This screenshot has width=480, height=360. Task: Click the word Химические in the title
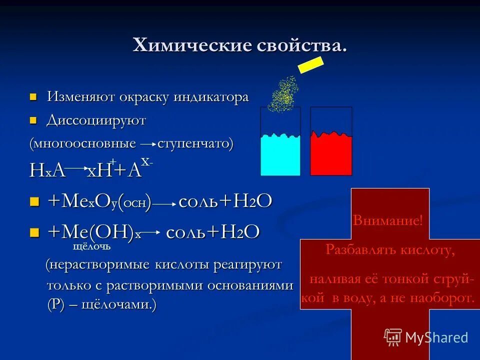[187, 46]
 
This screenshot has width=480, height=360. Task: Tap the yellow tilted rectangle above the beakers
[310, 64]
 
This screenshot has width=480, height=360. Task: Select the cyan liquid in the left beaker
[280, 155]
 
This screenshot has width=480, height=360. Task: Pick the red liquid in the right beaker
[330, 155]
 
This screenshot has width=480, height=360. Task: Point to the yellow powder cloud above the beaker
[283, 95]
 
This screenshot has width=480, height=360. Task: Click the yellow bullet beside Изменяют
[34, 96]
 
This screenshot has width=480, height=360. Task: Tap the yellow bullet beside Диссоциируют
[34, 120]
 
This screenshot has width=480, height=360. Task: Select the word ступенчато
[194, 144]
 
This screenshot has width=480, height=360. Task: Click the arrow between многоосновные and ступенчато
[147, 144]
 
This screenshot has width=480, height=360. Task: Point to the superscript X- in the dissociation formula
[146, 162]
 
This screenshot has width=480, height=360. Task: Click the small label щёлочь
[91, 246]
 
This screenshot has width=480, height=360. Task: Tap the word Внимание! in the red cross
[387, 220]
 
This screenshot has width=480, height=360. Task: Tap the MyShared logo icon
[393, 337]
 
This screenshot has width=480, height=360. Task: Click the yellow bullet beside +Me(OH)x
[34, 232]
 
